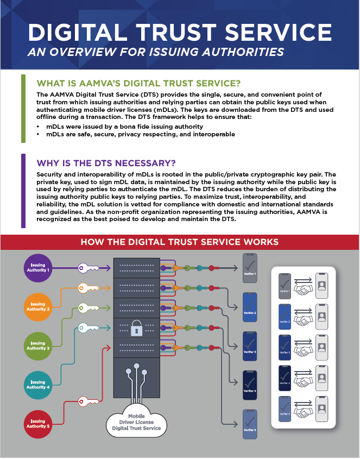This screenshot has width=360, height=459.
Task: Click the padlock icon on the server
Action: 135,328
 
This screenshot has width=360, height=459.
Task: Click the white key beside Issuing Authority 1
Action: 90,267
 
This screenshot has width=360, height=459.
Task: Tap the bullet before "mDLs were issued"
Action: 38,126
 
